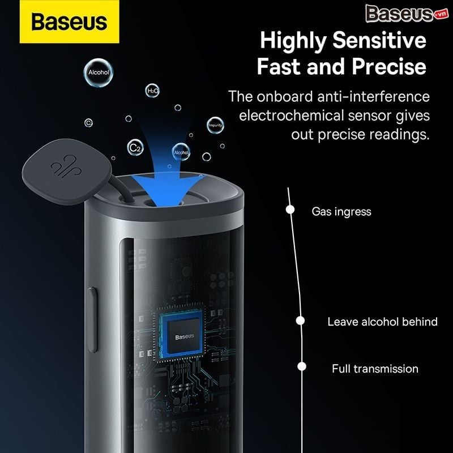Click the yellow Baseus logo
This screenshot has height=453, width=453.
(69, 22)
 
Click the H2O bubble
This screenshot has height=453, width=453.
(153, 90)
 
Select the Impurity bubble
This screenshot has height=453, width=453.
(215, 126)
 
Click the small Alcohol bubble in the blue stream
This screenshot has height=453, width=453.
(181, 152)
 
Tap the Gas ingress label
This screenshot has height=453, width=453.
(341, 212)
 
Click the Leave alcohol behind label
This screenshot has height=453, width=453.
(382, 322)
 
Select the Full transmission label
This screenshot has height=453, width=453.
(375, 369)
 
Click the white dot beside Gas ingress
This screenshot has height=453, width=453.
(290, 210)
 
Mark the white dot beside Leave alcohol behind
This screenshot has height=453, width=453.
(301, 320)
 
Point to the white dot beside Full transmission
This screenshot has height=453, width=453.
(302, 367)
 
